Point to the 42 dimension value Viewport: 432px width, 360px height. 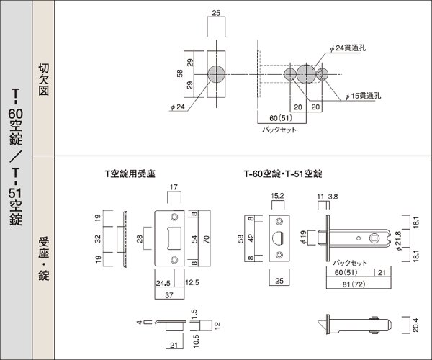pos(250,237)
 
